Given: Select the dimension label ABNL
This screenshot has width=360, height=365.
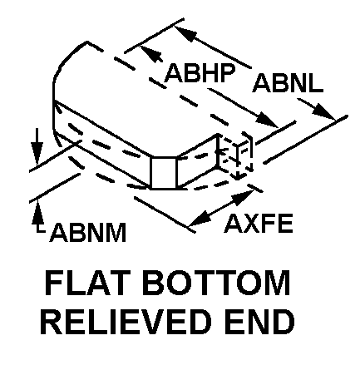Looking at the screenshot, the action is tap(288, 83).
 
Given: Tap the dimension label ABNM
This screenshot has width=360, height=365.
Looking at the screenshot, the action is tap(88, 232).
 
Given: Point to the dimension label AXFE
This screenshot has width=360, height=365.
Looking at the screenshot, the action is tap(259, 223).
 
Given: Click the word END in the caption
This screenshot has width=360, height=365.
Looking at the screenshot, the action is tap(260, 322).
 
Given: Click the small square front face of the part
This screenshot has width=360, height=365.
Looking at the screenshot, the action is tap(163, 173).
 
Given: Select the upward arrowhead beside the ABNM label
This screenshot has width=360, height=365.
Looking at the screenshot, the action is tap(38, 213).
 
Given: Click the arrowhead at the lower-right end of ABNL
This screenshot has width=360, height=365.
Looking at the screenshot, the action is tap(324, 112).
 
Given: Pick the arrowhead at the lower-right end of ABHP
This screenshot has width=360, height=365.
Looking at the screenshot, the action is tap(266, 120).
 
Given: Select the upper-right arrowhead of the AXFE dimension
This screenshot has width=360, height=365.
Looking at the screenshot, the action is tap(243, 196).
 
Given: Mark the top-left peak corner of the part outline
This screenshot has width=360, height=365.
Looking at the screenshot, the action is tap(87, 42).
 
